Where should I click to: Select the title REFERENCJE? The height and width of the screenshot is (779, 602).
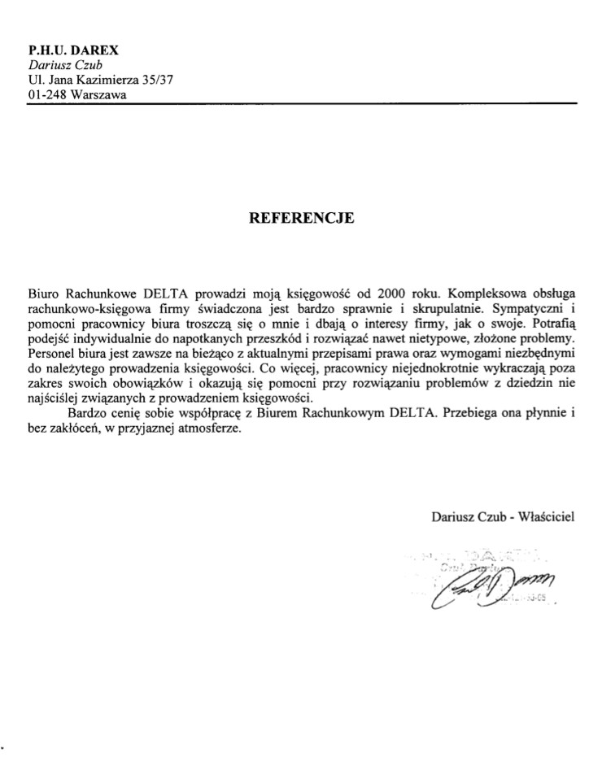(x=301, y=218)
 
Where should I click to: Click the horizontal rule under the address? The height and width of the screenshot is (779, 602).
(x=301, y=103)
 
